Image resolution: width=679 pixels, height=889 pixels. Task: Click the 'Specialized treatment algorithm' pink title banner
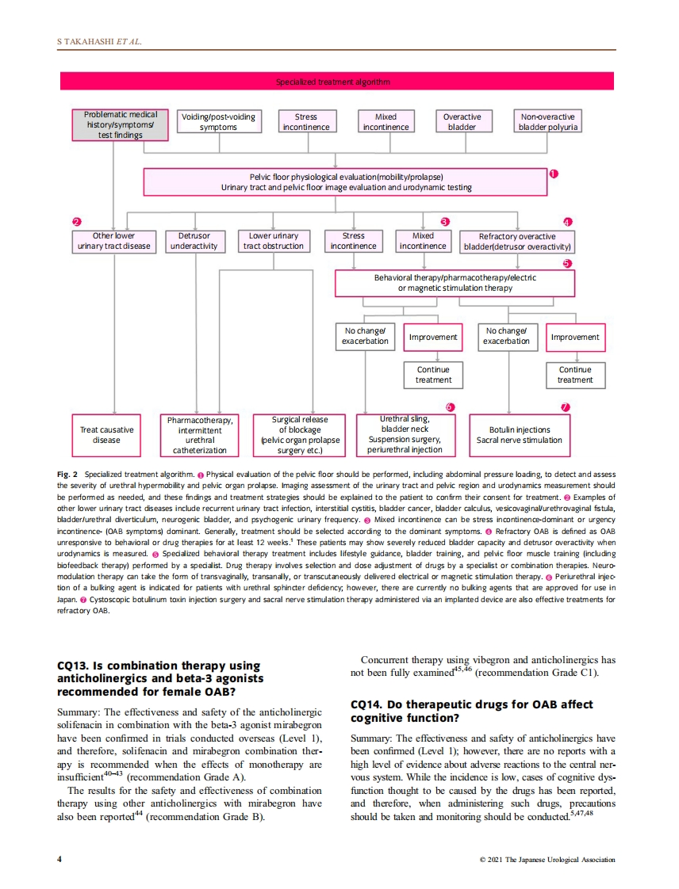332,82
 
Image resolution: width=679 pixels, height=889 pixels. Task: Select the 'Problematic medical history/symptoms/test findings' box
121,125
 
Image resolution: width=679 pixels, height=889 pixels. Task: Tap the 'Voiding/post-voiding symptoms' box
218,121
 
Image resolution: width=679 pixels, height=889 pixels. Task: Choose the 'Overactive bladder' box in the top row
462,121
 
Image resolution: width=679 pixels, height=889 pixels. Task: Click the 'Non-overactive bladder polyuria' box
549,121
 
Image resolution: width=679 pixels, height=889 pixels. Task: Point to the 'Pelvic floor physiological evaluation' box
346,181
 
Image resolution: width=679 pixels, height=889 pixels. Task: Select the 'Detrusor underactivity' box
194,241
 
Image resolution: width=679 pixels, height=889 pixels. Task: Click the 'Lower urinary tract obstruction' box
274,241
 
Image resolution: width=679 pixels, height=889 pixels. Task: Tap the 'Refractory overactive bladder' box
517,241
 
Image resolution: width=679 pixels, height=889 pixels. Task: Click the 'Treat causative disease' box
107,434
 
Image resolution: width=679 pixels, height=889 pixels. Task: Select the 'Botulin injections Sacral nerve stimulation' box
519,434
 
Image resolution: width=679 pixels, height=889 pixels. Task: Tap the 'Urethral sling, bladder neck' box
405,434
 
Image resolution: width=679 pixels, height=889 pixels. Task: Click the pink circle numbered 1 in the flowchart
554,173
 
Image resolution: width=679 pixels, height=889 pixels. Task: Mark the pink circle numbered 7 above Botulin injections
566,406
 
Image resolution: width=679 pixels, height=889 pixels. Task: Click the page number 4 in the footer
59,859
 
